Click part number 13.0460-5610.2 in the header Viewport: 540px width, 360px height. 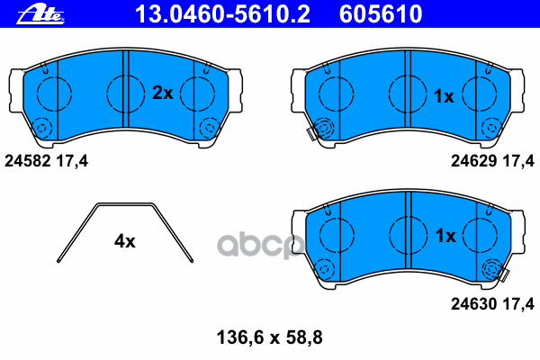tap(227, 13)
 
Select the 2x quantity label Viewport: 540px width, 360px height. tap(162, 92)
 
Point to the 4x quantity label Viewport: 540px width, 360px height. tap(124, 240)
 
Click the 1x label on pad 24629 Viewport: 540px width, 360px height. tap(445, 95)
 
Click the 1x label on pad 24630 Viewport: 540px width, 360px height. tap(445, 236)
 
